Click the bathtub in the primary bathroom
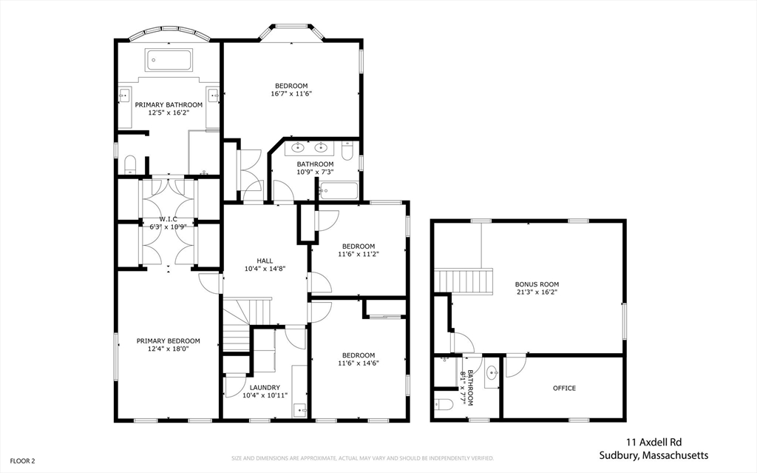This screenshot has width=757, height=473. pos(169,59)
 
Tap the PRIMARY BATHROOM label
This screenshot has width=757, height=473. pos(169,105)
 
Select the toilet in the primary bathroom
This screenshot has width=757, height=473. pos(130,164)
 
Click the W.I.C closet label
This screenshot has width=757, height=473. pos(168,219)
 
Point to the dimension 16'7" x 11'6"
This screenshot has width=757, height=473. pos(291,94)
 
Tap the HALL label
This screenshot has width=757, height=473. pos(265,261)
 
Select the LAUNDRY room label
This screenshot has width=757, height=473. pos(265,387)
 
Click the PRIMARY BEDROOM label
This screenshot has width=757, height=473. pos(168,341)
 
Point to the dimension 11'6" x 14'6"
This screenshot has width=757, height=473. pos(358,363)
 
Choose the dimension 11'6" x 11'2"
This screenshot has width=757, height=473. pos(358,254)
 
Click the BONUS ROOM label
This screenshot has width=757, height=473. pos(537,284)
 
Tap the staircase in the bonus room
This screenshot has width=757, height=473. pos(464,281)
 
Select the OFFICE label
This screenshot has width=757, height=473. pos(564,388)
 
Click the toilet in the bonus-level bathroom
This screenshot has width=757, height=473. pos(444,404)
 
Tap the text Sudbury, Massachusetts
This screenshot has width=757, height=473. pos(654,455)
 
